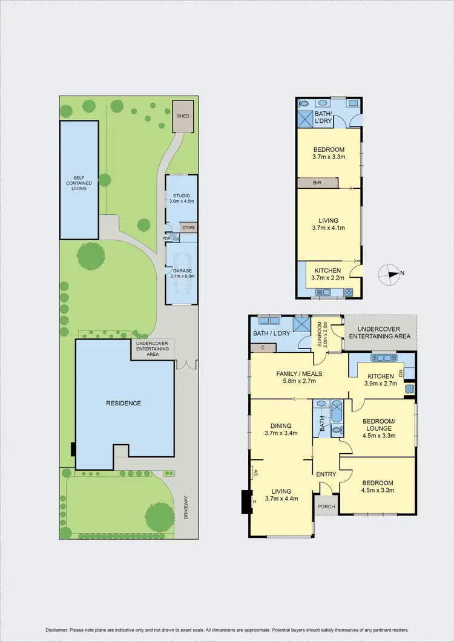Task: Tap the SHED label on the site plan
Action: (x=182, y=115)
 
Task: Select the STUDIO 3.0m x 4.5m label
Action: (x=182, y=199)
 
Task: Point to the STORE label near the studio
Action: (x=188, y=228)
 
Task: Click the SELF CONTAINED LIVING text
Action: (x=79, y=183)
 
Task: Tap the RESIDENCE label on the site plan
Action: (x=124, y=403)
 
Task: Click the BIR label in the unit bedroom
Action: (x=317, y=182)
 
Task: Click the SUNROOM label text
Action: (x=319, y=332)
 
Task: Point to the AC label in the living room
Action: (x=256, y=472)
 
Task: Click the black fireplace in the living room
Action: (x=246, y=501)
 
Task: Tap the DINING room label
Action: (x=281, y=425)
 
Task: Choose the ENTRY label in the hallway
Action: (x=326, y=474)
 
